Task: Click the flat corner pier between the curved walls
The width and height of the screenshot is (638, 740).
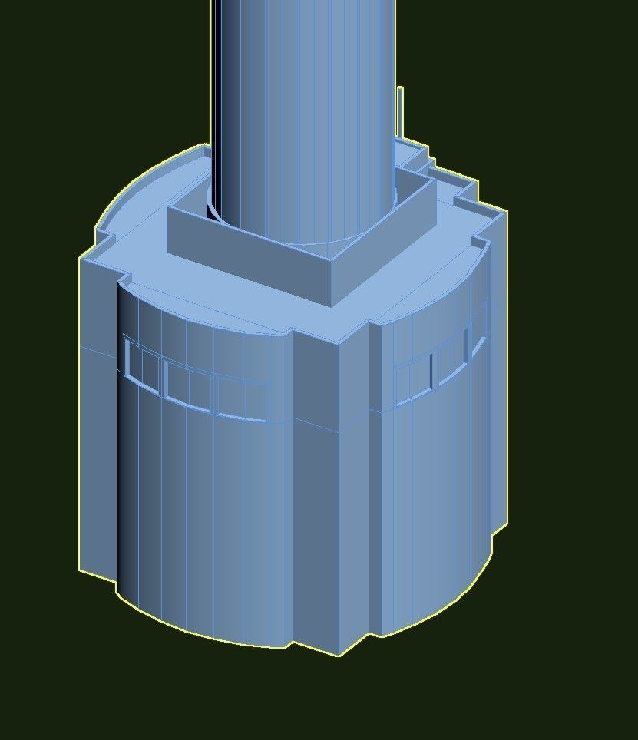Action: click(338, 491)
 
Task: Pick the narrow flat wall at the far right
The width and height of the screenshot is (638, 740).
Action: click(498, 384)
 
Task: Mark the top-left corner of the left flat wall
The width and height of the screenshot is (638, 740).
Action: click(81, 259)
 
